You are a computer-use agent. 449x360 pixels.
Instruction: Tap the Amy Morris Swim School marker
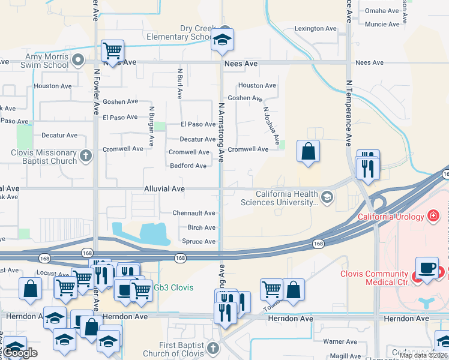click(78, 59)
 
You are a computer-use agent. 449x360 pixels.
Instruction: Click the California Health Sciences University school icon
click(327, 197)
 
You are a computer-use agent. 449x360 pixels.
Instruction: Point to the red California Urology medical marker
click(433, 216)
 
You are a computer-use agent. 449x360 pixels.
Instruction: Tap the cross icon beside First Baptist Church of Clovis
click(212, 348)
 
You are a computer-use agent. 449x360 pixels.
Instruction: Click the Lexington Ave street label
click(315, 29)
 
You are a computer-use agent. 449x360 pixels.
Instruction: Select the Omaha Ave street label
click(382, 11)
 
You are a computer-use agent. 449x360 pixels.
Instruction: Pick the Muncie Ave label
click(382, 25)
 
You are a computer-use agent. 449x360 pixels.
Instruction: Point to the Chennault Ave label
click(194, 213)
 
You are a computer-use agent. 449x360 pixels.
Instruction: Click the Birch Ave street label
click(201, 227)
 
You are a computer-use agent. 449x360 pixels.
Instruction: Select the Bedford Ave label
click(188, 166)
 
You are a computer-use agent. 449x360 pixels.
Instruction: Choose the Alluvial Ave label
click(164, 188)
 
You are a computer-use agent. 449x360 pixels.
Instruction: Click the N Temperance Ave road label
click(348, 114)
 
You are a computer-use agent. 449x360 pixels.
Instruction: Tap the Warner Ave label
click(340, 341)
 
